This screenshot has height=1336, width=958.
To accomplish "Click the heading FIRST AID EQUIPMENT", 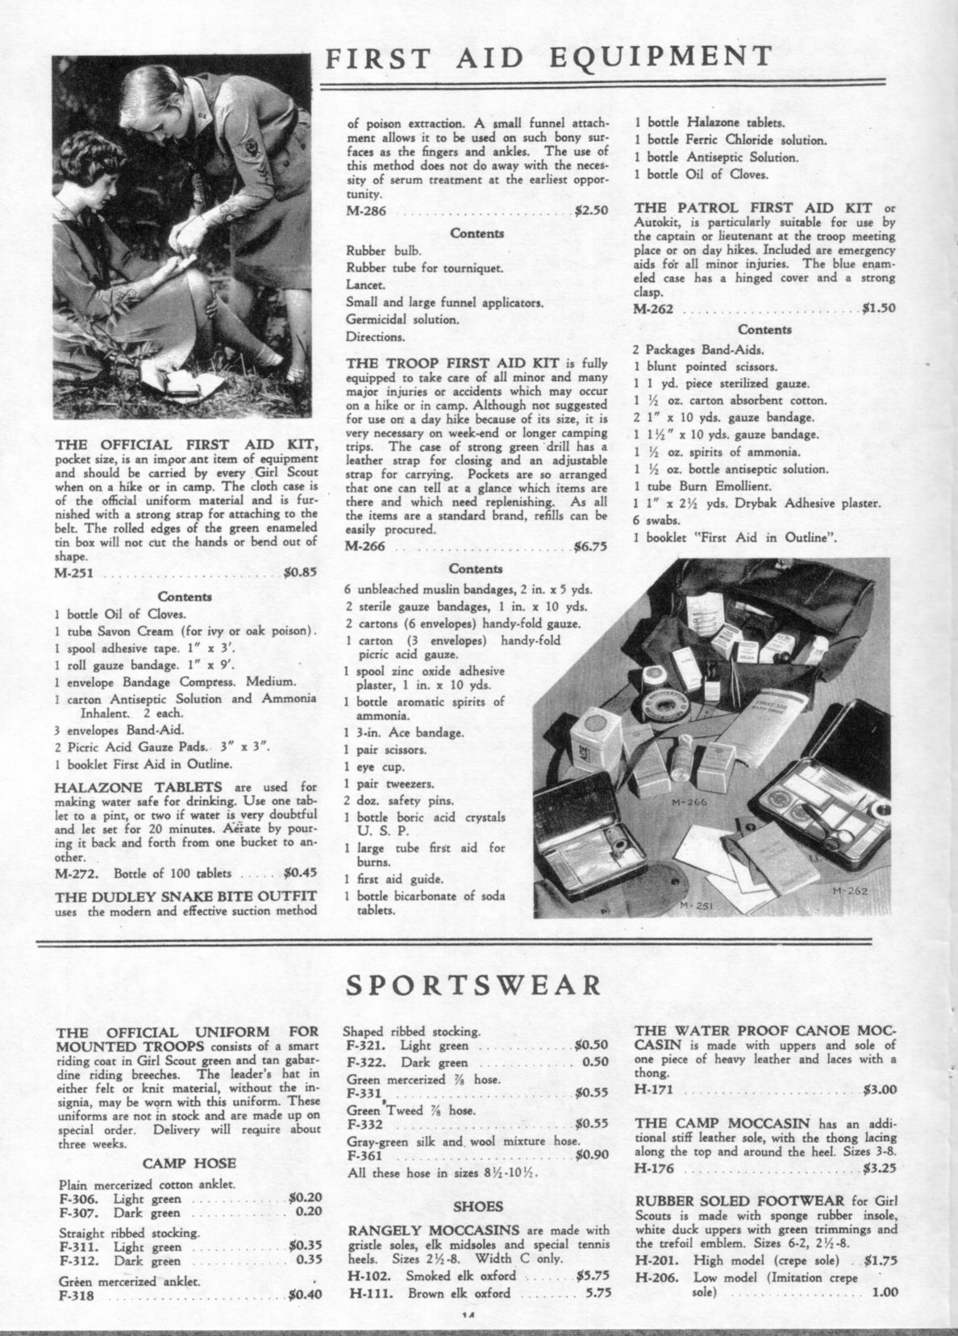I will pos(548,56).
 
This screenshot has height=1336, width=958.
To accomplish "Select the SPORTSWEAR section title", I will pos(476,985).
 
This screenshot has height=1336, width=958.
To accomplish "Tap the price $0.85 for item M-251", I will pos(300,575).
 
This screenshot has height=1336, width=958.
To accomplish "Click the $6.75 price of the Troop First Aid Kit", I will pos(590,546).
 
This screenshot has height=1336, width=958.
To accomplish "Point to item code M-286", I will pos(364,211).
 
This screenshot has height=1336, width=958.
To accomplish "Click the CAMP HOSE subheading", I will pos(189,1163).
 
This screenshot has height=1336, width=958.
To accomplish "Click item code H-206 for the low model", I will pos(654,1277).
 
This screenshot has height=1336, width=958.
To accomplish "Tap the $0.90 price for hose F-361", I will pos(591,1155).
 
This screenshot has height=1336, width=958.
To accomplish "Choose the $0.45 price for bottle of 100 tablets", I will pos(301,873).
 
